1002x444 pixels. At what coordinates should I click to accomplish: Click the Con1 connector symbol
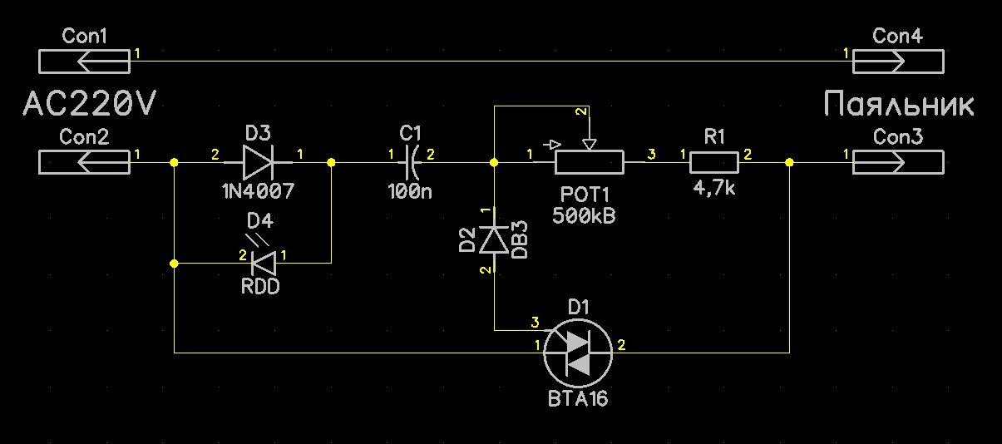tap(84, 62)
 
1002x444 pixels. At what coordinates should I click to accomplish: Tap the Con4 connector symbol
tap(898, 62)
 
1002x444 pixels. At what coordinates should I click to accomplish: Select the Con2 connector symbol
tap(84, 162)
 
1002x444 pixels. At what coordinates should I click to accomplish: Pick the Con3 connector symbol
tap(898, 162)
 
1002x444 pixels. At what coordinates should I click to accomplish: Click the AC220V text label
tap(90, 106)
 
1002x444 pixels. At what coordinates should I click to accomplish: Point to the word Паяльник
tap(899, 106)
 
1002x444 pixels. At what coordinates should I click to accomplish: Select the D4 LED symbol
tap(264, 263)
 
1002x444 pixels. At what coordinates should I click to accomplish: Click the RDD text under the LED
tap(259, 287)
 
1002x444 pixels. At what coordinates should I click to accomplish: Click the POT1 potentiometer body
tap(589, 162)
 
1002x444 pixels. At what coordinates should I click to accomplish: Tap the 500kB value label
tap(584, 215)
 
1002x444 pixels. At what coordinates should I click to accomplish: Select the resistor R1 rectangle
tap(714, 162)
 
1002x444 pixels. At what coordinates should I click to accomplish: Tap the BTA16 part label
tap(578, 399)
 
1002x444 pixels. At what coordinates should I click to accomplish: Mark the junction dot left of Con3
tap(789, 162)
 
